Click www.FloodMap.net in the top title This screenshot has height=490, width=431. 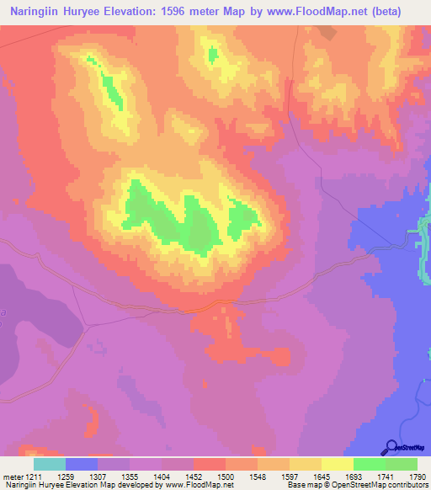312,12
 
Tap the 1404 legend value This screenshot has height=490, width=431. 162,477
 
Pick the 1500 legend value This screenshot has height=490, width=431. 226,477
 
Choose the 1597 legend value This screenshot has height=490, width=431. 290,477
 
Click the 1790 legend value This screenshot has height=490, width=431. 418,477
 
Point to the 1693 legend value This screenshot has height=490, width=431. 354,477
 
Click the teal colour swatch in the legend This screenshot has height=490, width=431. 50,464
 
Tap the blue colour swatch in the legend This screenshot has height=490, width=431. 82,464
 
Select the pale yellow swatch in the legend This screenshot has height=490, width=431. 337,464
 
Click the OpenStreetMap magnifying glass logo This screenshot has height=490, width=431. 391,447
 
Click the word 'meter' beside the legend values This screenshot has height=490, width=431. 12,477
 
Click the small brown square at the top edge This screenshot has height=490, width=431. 327,33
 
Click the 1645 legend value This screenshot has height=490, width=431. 322,477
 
